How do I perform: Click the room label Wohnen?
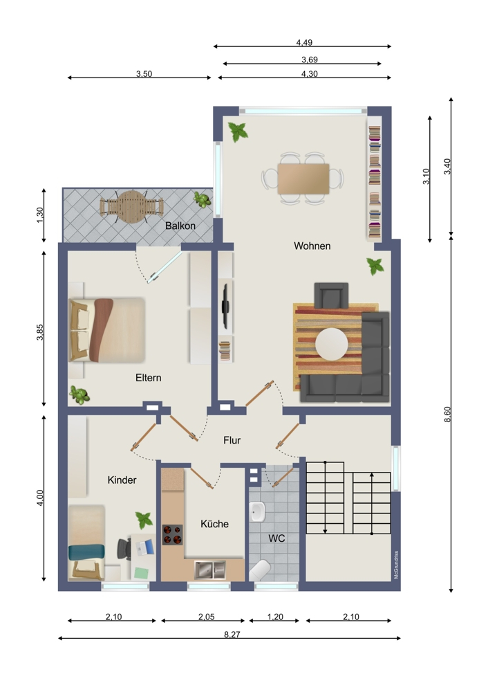(312, 246)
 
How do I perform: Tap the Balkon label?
(180, 226)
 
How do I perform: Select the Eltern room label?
(148, 378)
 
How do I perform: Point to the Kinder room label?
(122, 480)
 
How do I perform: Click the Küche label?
(214, 524)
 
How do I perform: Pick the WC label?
(277, 538)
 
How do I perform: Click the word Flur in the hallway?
(232, 439)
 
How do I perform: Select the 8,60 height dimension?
(447, 414)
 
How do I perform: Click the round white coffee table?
(332, 345)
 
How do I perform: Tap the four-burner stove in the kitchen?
(172, 535)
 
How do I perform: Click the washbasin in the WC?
(258, 513)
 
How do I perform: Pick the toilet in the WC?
(260, 570)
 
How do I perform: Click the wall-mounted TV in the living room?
(225, 305)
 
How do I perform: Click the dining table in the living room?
(303, 179)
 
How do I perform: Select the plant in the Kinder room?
(144, 519)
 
